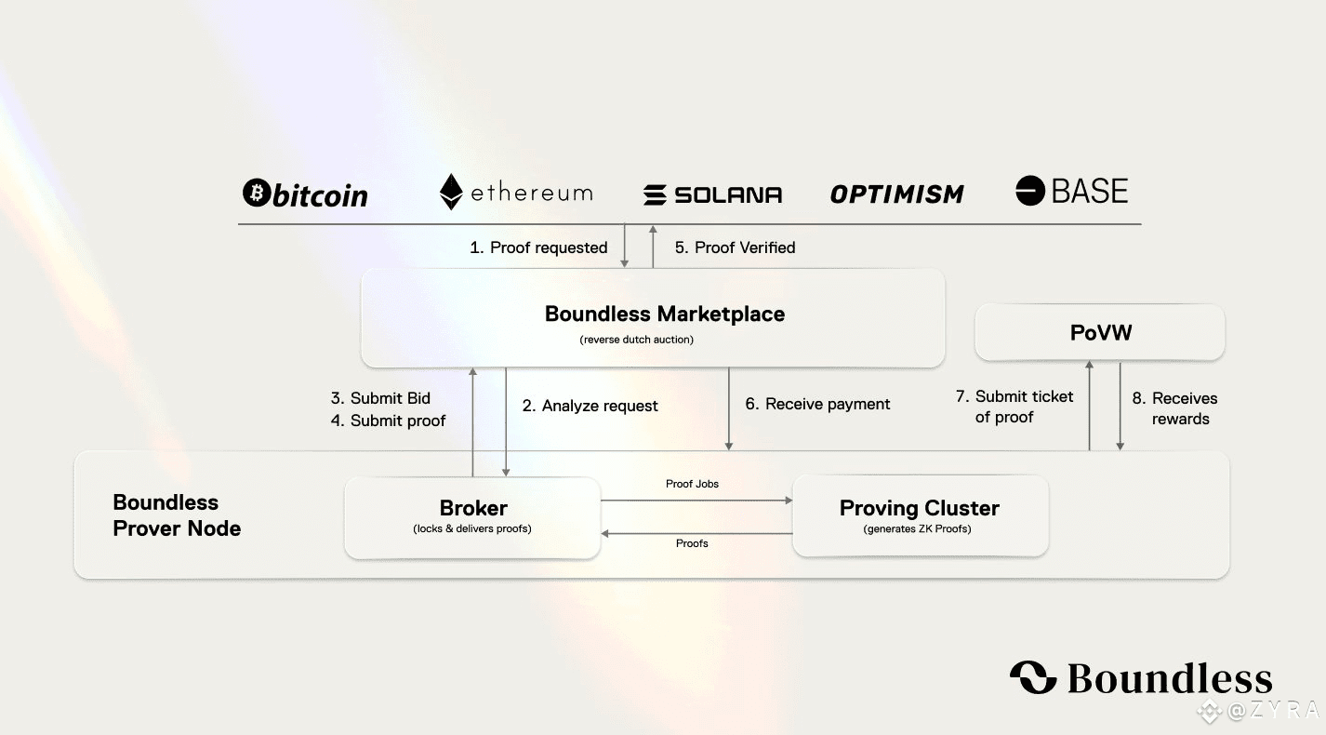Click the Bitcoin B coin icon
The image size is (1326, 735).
coord(257,193)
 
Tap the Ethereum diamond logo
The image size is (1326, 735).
coord(451,192)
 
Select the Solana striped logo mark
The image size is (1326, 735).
coord(655,194)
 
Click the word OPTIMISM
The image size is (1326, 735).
coord(896,194)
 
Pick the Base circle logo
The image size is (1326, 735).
coord(1030,191)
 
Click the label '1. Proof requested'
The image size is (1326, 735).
coord(538,247)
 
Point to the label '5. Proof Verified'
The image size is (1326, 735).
coord(736,247)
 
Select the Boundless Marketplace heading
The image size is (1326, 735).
coord(665,314)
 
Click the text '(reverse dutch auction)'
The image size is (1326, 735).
coord(636,340)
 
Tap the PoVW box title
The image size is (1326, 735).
coord(1100,333)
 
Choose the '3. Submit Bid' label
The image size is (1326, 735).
coord(380,398)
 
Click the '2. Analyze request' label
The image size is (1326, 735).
coord(590,406)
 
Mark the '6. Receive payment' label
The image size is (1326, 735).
coord(817,404)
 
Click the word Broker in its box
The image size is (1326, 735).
coord(473,508)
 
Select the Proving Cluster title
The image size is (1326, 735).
coord(920,508)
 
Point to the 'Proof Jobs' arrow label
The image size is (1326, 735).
coord(692,484)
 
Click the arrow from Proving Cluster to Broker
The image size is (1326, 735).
coord(696,534)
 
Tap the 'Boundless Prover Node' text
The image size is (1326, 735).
coord(177,515)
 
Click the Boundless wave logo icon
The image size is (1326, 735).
coord(1034,677)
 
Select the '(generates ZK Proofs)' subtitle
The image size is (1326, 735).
coord(918,528)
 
